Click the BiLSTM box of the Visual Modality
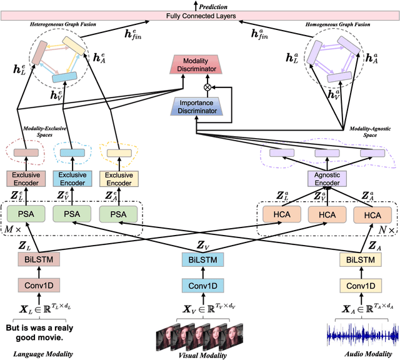coord(202,259)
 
